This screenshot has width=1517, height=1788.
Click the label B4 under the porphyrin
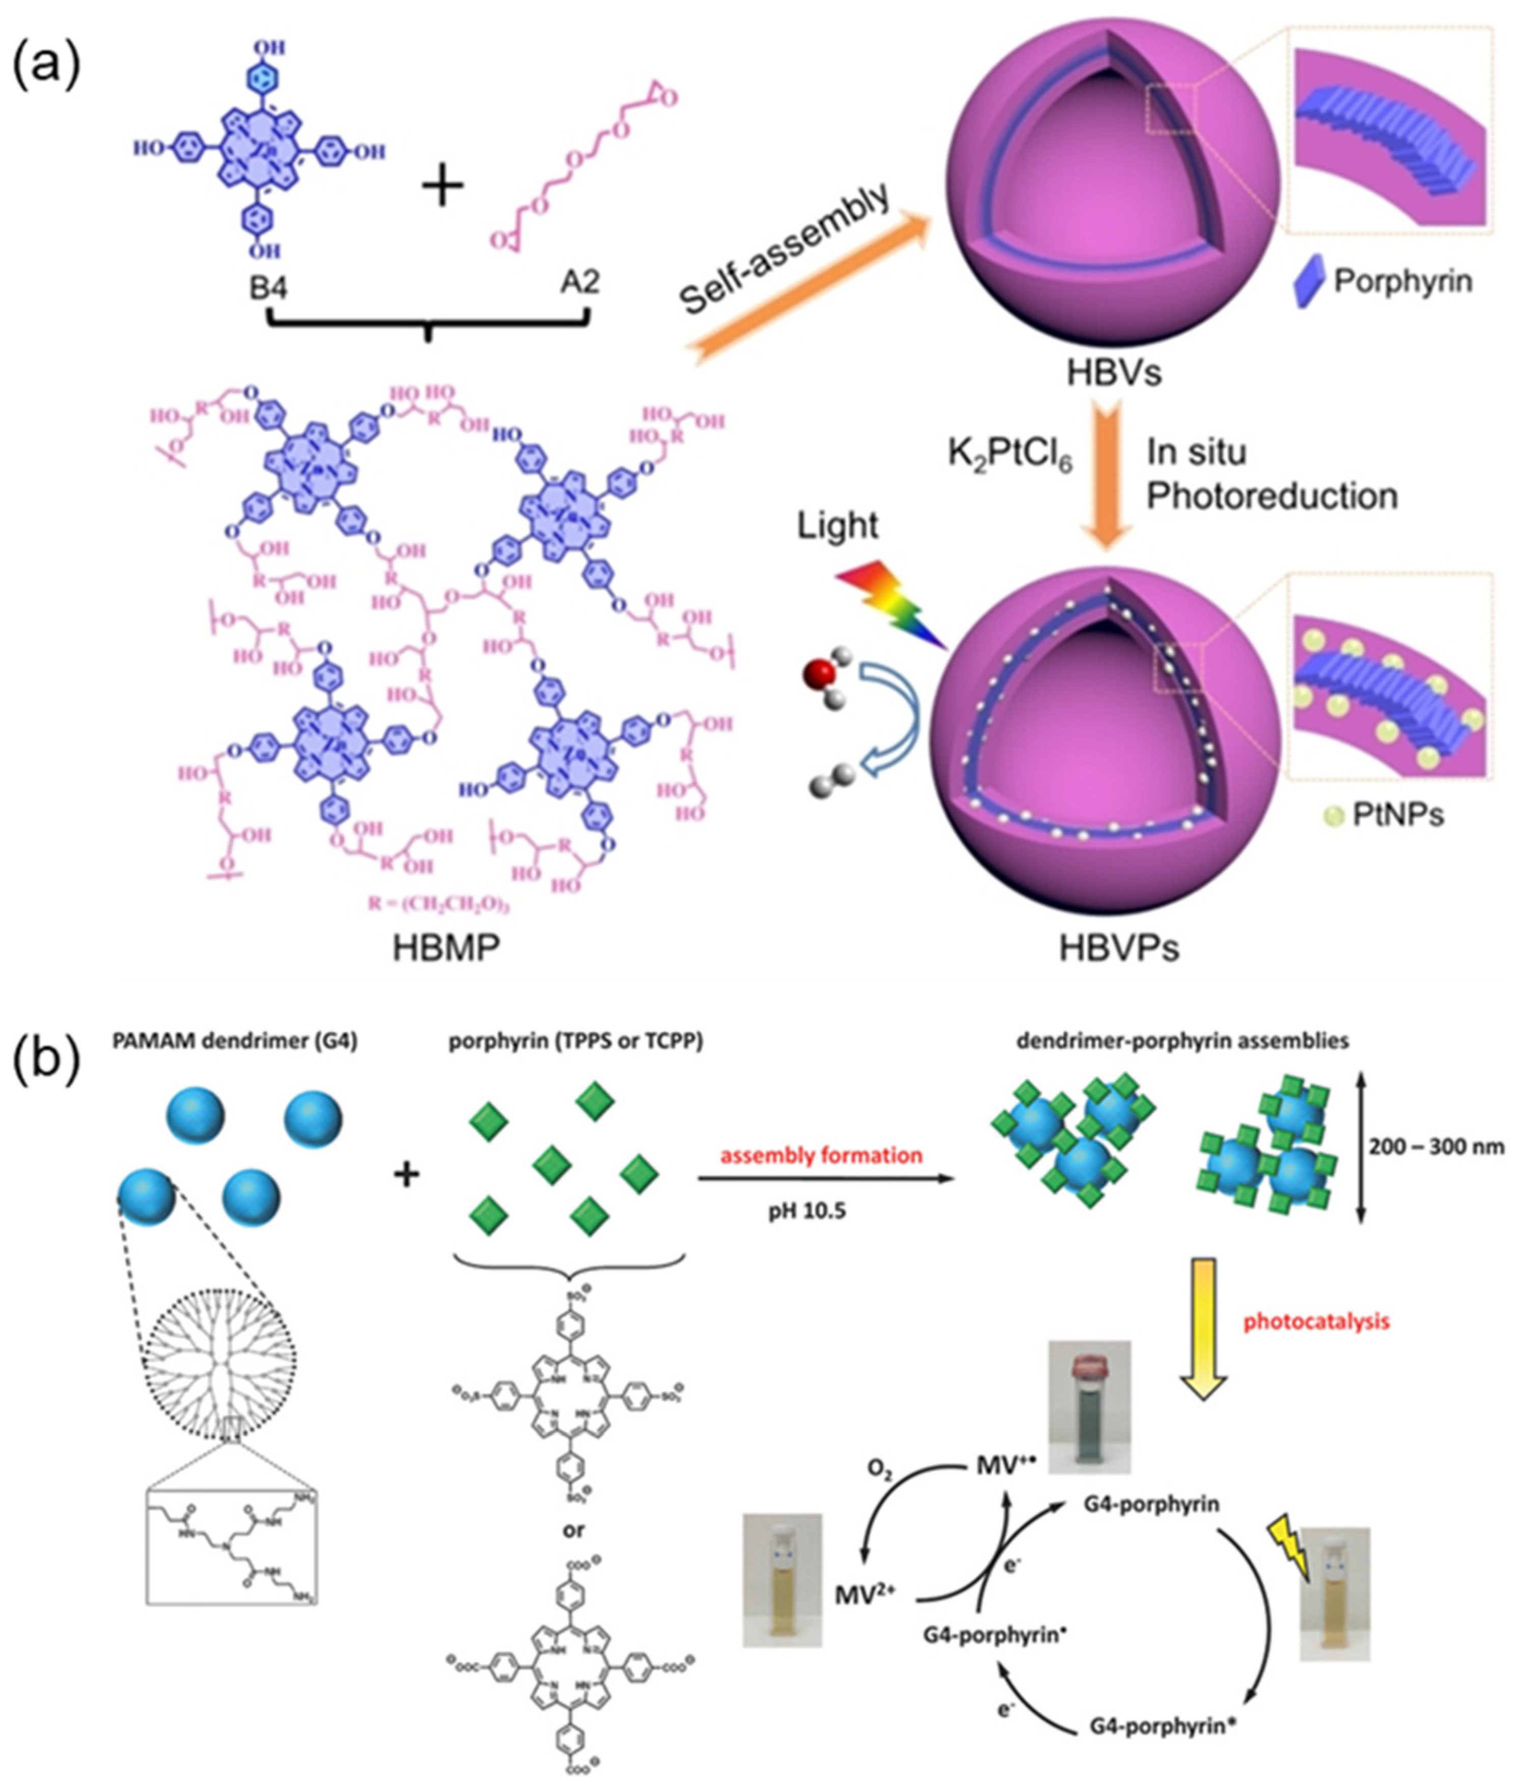coord(268,284)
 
